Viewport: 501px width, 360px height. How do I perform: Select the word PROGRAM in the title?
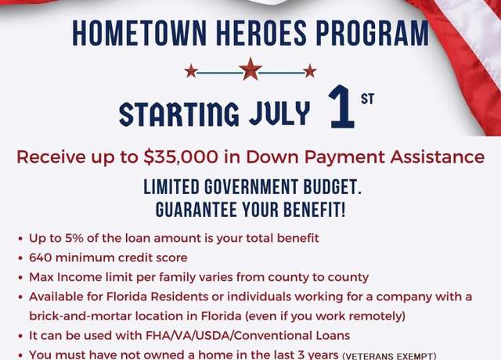coord(373,33)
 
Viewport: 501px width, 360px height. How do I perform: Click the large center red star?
coord(250,69)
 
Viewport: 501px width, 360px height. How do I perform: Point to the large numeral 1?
coord(342,106)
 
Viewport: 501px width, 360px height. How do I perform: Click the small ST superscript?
coord(367,99)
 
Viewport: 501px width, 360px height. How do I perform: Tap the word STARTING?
coord(179,113)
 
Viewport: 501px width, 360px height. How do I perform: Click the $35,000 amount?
coord(181,157)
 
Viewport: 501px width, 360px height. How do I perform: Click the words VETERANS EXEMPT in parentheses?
coord(389,356)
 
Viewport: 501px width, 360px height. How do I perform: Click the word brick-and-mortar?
coord(80,316)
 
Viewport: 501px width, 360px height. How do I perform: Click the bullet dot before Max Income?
coord(20,278)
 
